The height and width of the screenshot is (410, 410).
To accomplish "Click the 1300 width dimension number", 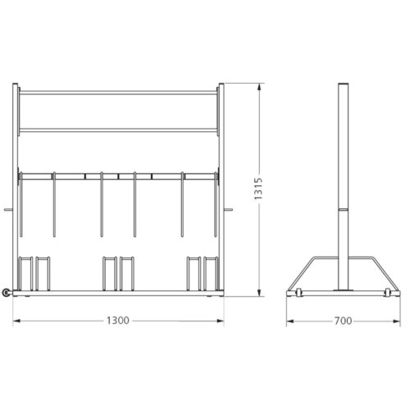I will point(119,321).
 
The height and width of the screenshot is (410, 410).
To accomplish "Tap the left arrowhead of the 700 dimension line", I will point(289,321).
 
